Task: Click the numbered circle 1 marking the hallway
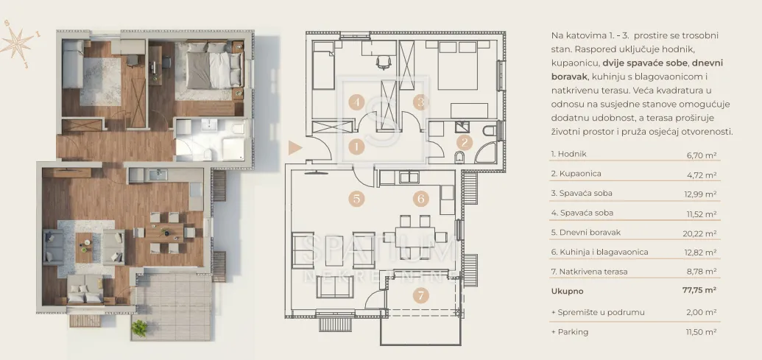(356, 147)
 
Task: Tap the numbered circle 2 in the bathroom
(465, 142)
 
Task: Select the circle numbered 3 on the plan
(420, 102)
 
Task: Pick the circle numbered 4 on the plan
(356, 102)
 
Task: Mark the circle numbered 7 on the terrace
(421, 295)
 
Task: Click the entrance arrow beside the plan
(295, 148)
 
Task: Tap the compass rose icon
(18, 43)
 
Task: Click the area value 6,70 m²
(699, 155)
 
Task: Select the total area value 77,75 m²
(699, 291)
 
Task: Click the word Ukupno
(567, 292)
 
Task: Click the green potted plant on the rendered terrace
(139, 328)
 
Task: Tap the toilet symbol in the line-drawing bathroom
(459, 157)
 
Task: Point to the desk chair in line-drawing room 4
(384, 62)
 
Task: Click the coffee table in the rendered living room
(84, 247)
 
